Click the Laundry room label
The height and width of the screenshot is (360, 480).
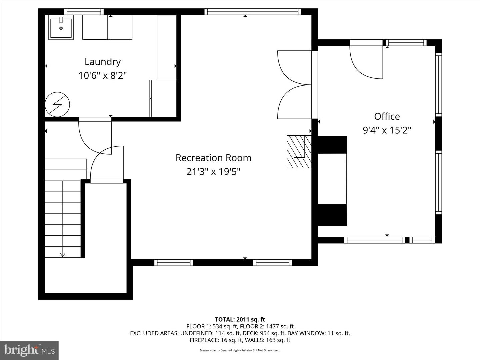point(102,62)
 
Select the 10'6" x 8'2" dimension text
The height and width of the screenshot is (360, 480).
point(102,76)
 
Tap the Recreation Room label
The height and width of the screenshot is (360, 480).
point(213,158)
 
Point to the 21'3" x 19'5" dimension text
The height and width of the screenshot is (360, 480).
point(213,172)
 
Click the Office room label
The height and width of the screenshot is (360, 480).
point(387,116)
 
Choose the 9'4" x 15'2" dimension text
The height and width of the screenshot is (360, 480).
point(387,130)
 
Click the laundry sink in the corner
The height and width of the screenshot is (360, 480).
point(61,28)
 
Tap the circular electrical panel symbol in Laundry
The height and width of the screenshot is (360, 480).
point(57,104)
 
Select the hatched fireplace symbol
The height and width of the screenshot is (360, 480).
point(299,151)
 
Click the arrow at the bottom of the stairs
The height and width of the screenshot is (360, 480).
point(63,255)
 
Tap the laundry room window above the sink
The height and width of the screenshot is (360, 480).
point(84,12)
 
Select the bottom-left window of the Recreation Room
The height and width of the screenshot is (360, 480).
point(174,263)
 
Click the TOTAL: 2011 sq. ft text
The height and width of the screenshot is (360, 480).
point(240,320)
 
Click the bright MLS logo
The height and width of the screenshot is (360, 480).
point(29,350)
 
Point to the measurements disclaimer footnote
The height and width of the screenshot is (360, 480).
point(240,350)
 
